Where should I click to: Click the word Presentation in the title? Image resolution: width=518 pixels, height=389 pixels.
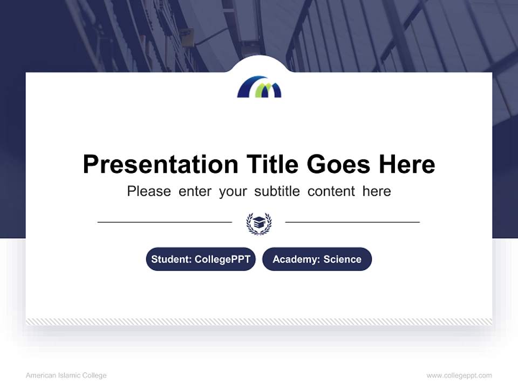160,164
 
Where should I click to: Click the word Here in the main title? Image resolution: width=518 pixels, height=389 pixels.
406,164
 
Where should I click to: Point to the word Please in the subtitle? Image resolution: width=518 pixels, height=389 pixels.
149,191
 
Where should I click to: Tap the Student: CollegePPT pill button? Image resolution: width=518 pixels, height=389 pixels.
201,259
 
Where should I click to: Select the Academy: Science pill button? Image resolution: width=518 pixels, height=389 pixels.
317,259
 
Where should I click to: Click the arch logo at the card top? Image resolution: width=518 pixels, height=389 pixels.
259,87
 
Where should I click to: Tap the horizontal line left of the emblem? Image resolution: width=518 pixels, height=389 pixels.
165,222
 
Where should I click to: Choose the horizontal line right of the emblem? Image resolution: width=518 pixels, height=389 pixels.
352,222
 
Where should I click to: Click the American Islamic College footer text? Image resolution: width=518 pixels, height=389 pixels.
66,375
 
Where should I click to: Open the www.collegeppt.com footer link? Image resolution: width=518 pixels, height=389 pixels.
459,375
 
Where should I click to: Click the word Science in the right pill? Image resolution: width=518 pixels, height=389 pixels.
342,259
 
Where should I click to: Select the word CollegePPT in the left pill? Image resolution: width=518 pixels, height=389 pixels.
222,259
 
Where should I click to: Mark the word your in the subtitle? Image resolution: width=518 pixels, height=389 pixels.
233,191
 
